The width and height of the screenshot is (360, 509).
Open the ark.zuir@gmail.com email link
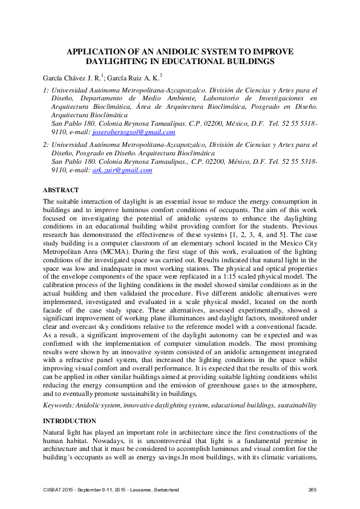pos(122,170)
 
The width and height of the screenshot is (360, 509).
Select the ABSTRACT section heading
pos(61,190)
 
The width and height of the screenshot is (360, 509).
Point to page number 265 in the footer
pos(313,489)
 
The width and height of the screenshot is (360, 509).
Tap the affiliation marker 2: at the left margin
pos(46,146)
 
